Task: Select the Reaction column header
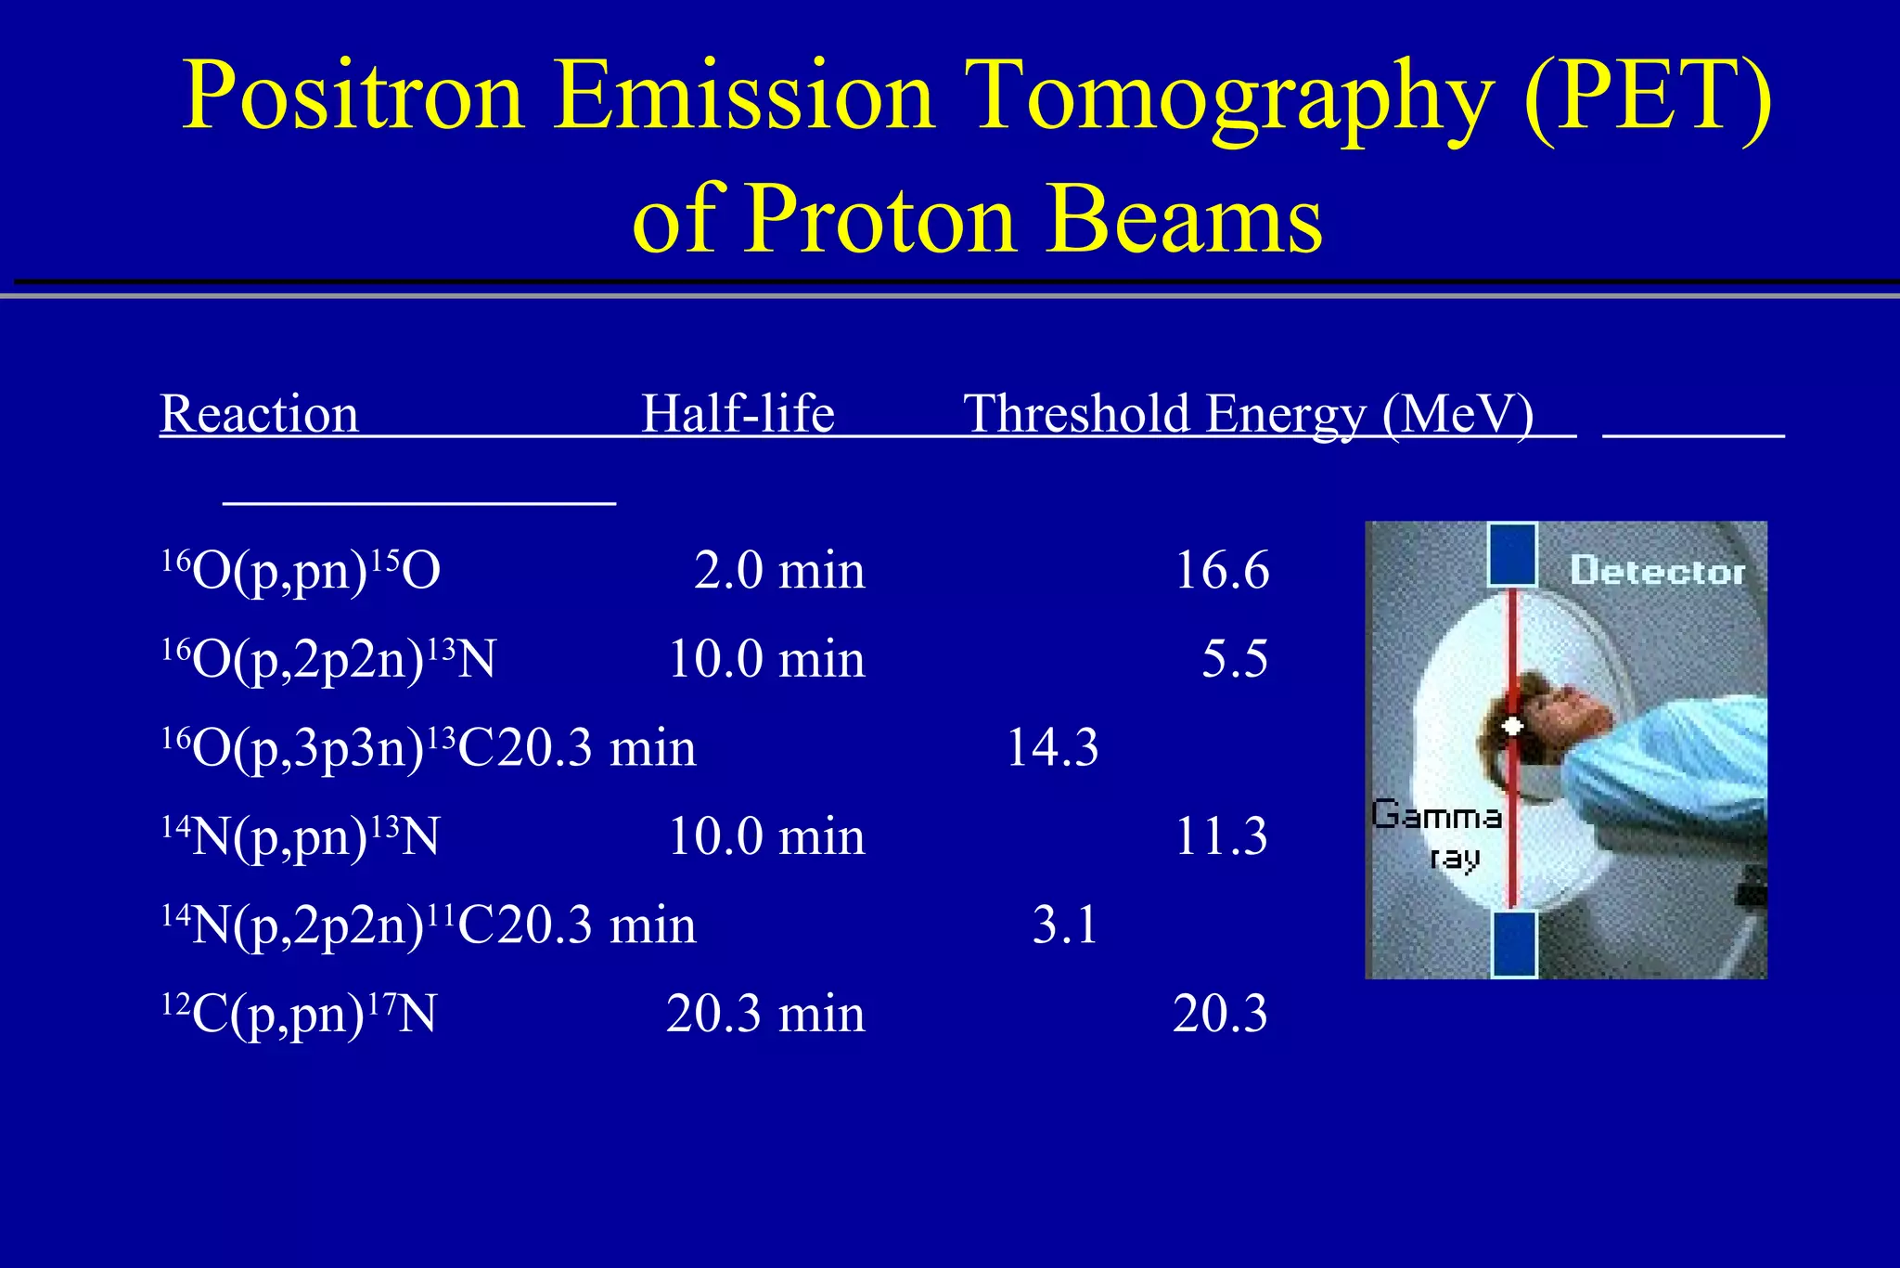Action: pyautogui.click(x=260, y=413)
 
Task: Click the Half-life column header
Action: pyautogui.click(x=738, y=413)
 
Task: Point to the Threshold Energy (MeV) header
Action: pyautogui.click(x=1249, y=413)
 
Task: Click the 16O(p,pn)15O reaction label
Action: pyautogui.click(x=301, y=570)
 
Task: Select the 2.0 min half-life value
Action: pyautogui.click(x=779, y=570)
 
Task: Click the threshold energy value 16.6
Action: pyautogui.click(x=1221, y=570)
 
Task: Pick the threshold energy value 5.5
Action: pyautogui.click(x=1235, y=659)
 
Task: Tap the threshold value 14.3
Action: pyautogui.click(x=1052, y=747)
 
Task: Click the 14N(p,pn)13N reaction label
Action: pyautogui.click(x=301, y=836)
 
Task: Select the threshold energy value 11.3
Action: pyautogui.click(x=1221, y=836)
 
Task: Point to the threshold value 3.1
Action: pyautogui.click(x=1065, y=925)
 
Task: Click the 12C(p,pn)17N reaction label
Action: pyautogui.click(x=299, y=1014)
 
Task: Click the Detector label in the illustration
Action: pyautogui.click(x=1658, y=571)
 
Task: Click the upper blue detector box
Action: pyautogui.click(x=1513, y=555)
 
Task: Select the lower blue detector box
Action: pyautogui.click(x=1514, y=944)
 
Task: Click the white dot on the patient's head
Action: pyautogui.click(x=1513, y=726)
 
